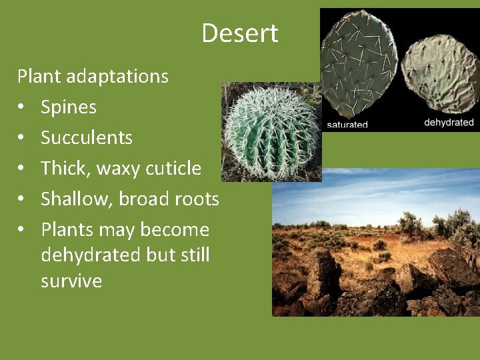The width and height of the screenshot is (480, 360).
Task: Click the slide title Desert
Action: [x=240, y=33]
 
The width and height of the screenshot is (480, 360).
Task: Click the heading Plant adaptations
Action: [x=93, y=77]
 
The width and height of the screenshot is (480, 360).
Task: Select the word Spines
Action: [x=69, y=107]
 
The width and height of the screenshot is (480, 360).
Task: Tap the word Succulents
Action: [x=87, y=138]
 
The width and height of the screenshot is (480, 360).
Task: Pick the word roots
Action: [x=195, y=199]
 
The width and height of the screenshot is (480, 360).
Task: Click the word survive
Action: [x=71, y=281]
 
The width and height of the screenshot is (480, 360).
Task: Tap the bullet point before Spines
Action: [x=22, y=107]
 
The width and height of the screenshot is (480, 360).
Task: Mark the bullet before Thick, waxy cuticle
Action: [x=22, y=169]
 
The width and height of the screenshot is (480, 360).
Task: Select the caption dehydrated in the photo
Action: [x=449, y=123]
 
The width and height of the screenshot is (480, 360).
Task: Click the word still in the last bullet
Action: [x=191, y=255]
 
